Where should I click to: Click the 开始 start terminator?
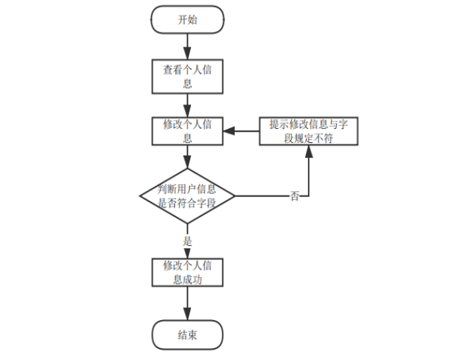click(x=187, y=20)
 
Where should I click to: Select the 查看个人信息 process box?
click(x=187, y=77)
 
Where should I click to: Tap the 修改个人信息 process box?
click(x=187, y=131)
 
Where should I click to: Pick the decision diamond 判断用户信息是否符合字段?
click(x=187, y=196)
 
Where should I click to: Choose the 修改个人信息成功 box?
click(x=187, y=273)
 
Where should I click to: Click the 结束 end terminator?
click(x=187, y=334)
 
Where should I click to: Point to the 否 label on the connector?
click(x=295, y=196)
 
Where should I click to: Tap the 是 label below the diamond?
click(x=187, y=241)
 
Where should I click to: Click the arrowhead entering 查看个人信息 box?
click(x=187, y=56)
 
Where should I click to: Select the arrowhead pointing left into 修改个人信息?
click(x=229, y=131)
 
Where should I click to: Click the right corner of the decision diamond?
click(x=235, y=196)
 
